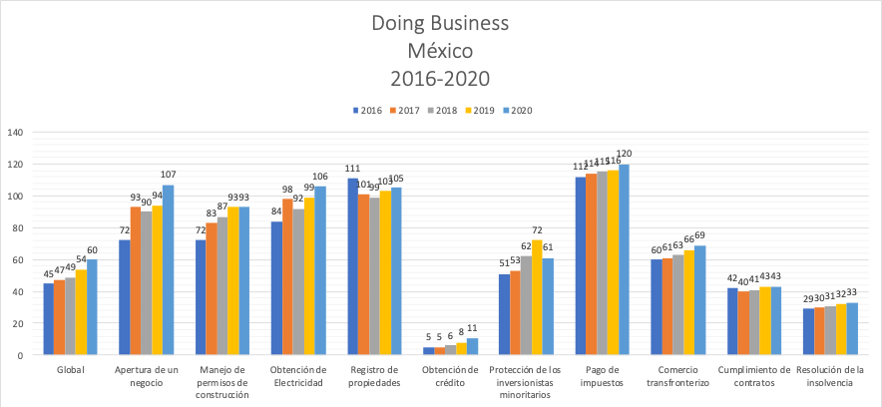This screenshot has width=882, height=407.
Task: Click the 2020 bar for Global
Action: point(92,307)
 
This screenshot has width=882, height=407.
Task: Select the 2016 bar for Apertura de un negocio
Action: point(125,297)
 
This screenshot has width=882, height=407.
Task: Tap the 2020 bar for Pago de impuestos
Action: point(624,259)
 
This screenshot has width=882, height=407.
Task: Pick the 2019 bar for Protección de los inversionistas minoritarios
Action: point(537,297)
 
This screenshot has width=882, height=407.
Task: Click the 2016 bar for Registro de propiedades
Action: point(352,266)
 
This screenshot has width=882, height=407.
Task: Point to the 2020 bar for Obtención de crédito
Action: point(472,346)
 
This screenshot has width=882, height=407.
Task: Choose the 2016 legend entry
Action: point(367,110)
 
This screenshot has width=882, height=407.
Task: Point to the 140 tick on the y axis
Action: point(15,132)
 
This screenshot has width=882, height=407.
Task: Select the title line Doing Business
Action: point(440,22)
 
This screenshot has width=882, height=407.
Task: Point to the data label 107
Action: point(169,176)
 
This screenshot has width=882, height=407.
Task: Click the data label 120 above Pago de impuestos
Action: point(626,155)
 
